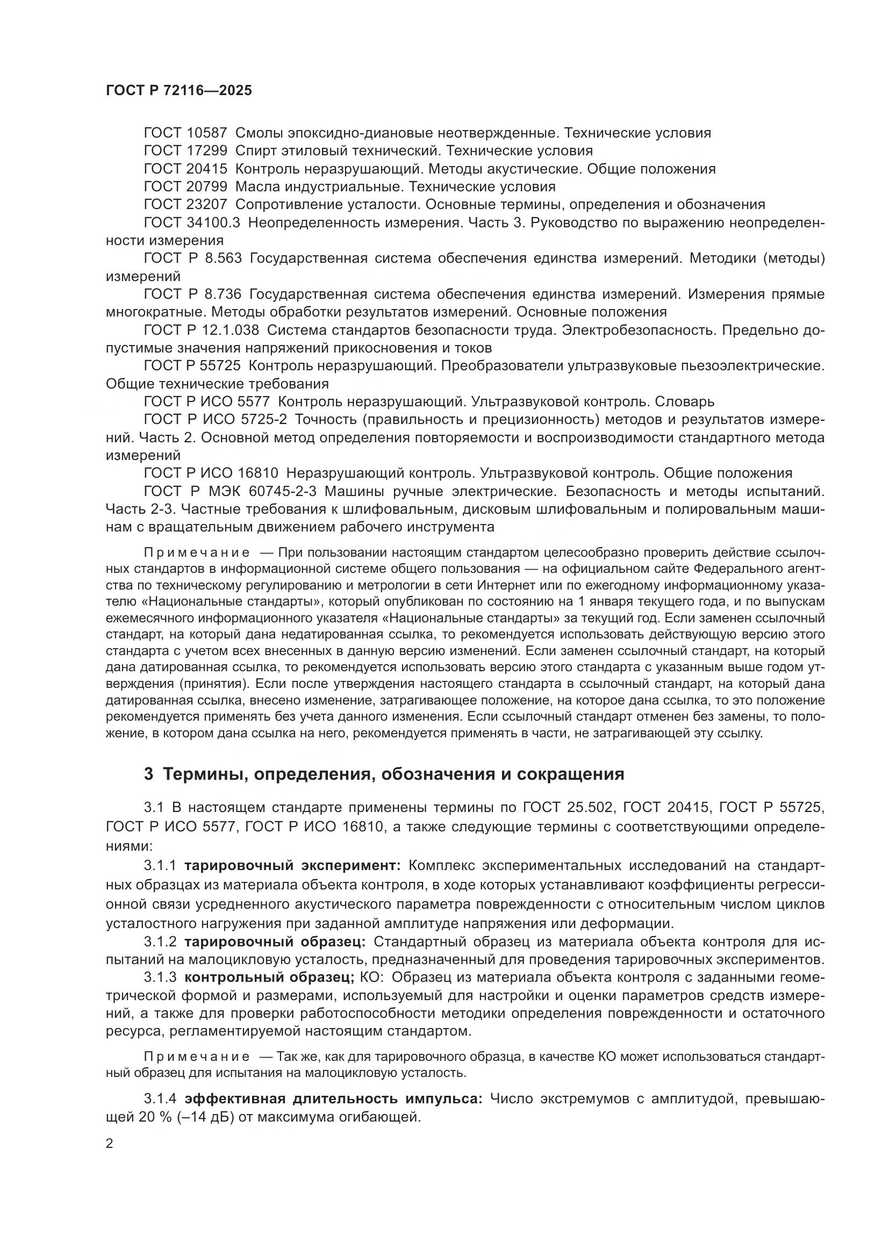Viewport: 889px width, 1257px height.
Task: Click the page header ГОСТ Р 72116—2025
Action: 178,90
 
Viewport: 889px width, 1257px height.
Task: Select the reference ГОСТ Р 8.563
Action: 192,258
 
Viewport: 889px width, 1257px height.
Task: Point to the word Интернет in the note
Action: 500,585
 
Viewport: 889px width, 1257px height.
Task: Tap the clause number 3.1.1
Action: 160,866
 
